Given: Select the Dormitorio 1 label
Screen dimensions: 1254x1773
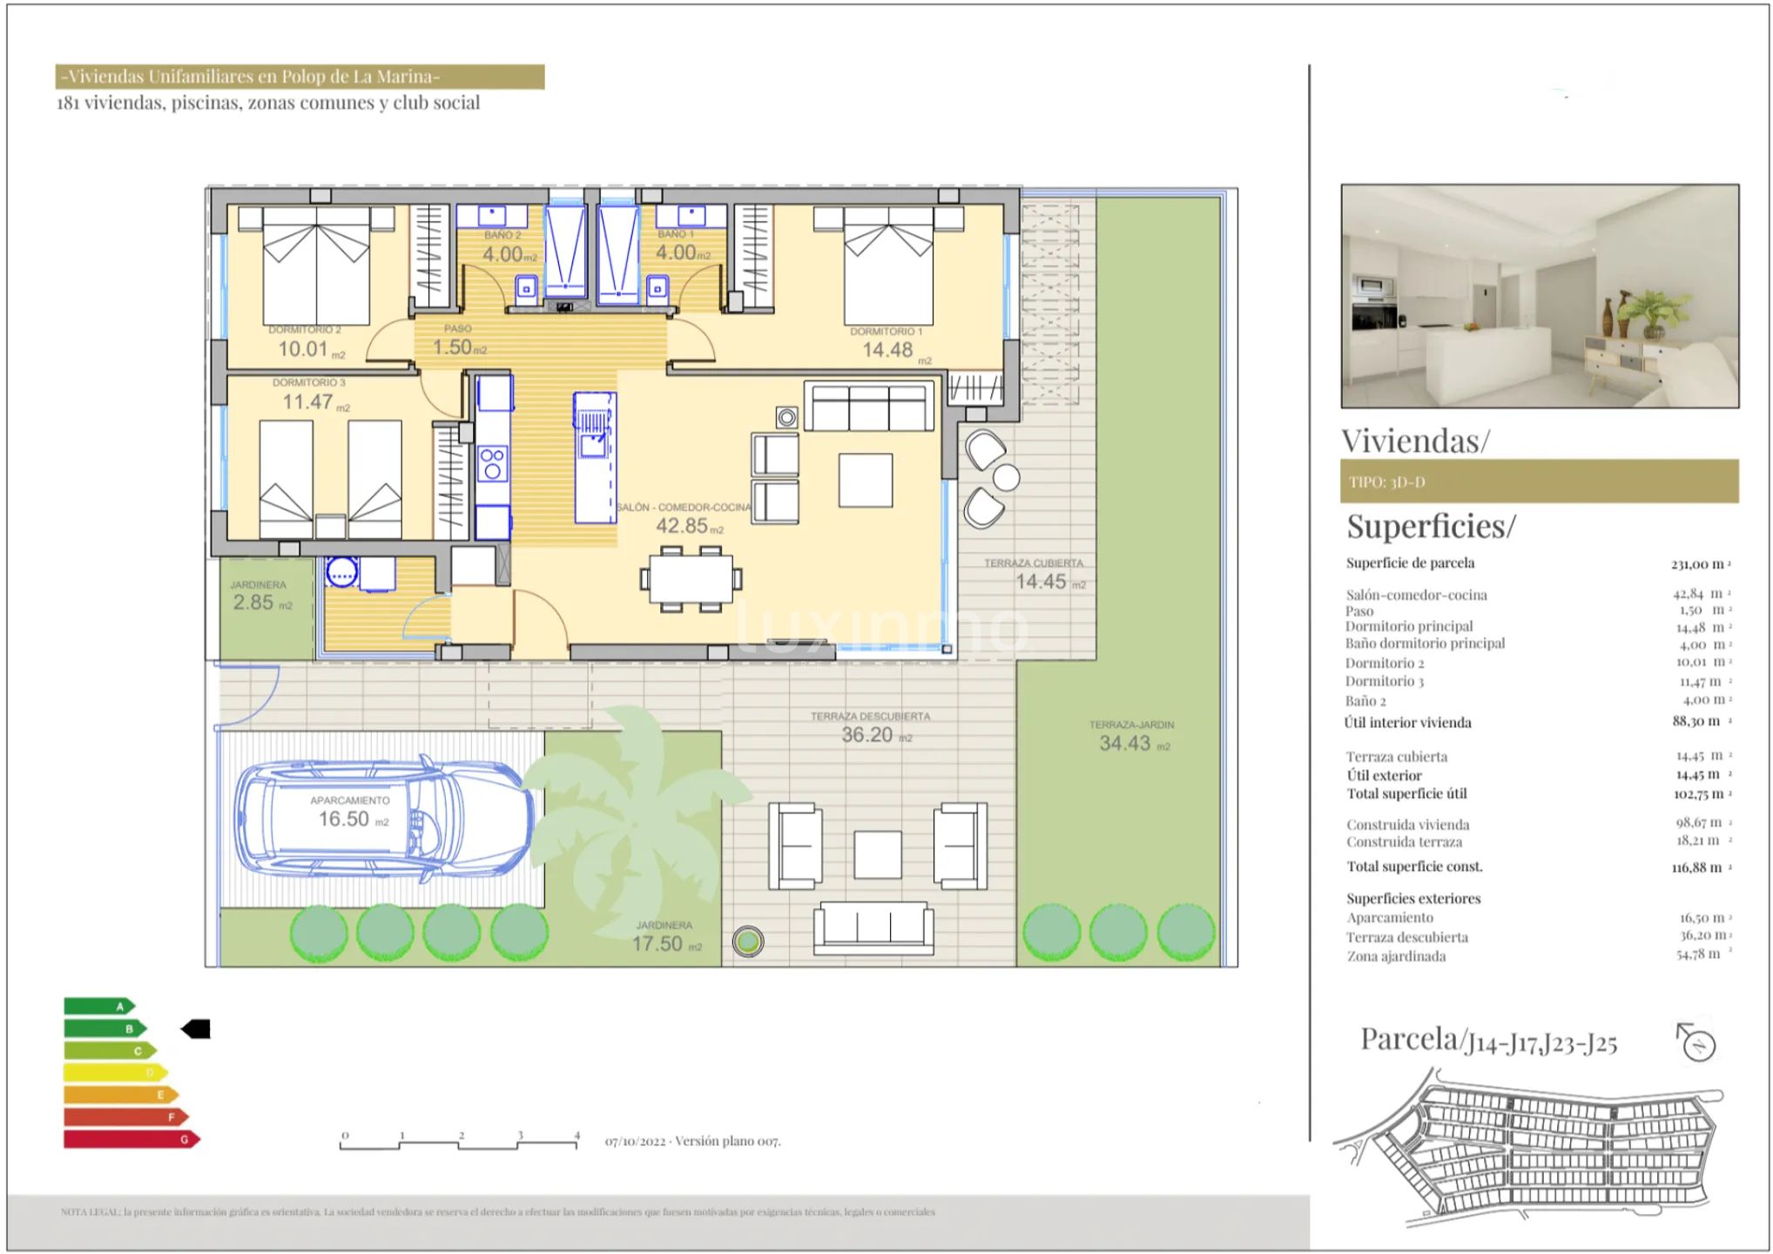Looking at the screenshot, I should pyautogui.click(x=886, y=331).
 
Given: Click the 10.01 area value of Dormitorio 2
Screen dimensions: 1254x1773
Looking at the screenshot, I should pyautogui.click(x=303, y=349).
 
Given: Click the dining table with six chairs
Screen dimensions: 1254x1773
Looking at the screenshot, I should pyautogui.click(x=691, y=578).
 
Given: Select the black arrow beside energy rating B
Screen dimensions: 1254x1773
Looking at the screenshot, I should pyautogui.click(x=196, y=1029).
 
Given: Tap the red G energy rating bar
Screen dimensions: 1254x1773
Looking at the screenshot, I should pyautogui.click(x=131, y=1139).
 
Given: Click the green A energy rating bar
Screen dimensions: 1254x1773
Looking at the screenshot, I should pyautogui.click(x=98, y=1007).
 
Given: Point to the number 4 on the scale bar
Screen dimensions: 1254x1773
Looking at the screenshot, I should pyautogui.click(x=576, y=1136).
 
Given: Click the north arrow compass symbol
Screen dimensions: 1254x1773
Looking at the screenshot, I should pyautogui.click(x=1696, y=1042).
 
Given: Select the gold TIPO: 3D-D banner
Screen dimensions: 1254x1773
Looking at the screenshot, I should pyautogui.click(x=1539, y=482).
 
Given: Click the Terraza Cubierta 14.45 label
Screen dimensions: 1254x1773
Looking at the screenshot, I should pyautogui.click(x=1041, y=581).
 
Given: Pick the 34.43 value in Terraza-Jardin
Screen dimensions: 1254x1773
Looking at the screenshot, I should pyautogui.click(x=1124, y=743).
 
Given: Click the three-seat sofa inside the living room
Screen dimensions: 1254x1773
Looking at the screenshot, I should pyautogui.click(x=868, y=407).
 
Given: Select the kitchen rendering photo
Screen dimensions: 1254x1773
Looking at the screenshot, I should pyautogui.click(x=1540, y=296).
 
